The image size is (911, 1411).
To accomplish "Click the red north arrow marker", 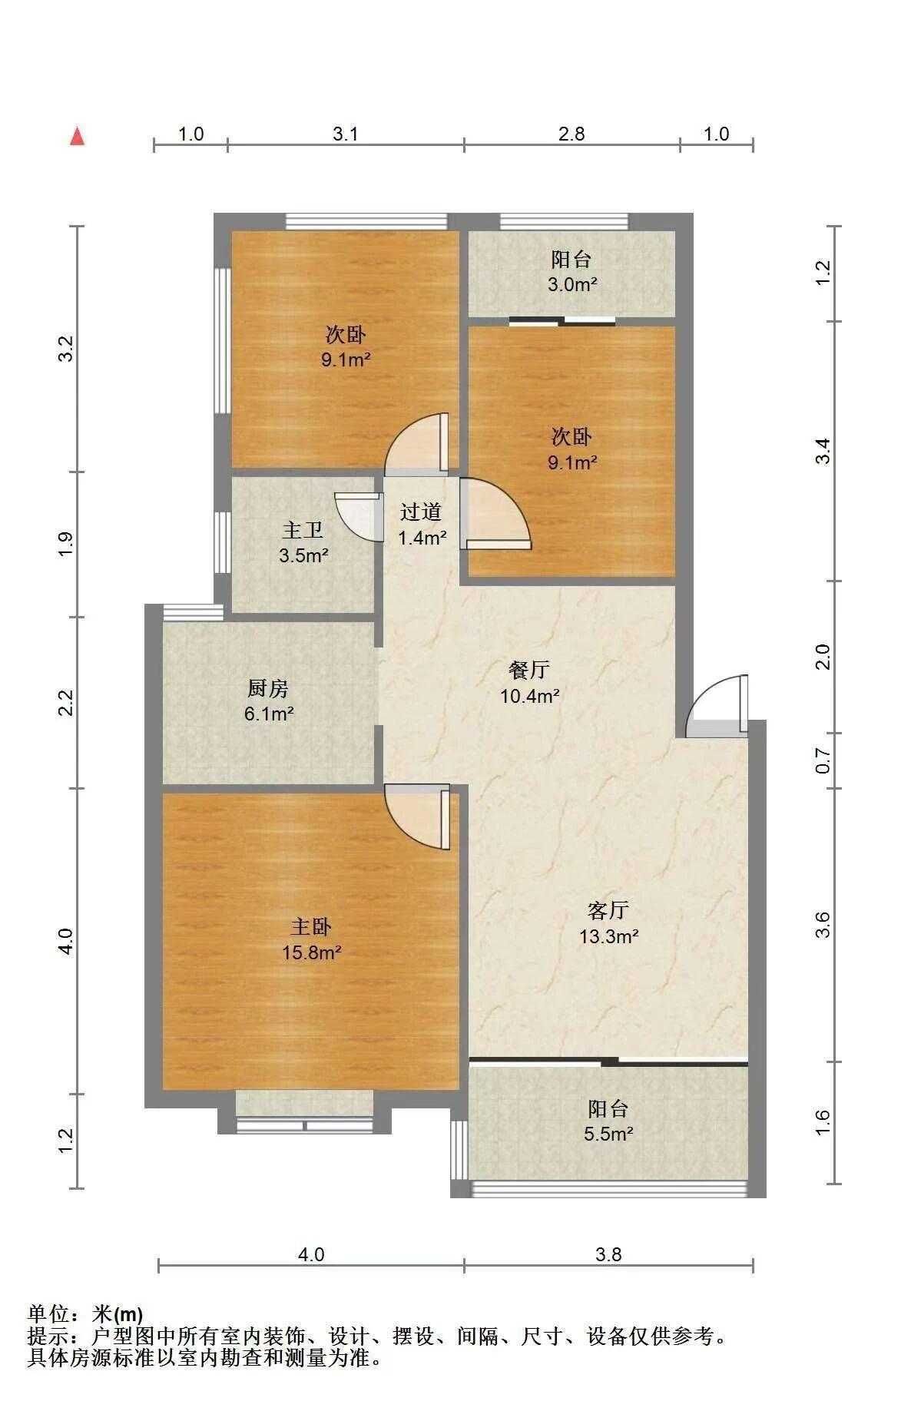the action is click(77, 136).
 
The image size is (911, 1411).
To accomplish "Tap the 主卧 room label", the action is click(311, 926).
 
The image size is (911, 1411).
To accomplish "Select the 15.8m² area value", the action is click(312, 953).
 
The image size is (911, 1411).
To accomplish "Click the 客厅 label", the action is click(608, 910).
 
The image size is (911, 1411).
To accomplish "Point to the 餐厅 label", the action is click(529, 670).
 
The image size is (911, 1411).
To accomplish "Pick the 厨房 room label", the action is click(268, 687).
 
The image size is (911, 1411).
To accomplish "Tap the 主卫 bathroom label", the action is click(303, 529).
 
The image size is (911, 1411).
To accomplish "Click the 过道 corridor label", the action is click(421, 512).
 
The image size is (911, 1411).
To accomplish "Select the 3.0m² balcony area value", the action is click(572, 285).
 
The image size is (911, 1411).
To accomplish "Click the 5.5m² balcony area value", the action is click(608, 1134).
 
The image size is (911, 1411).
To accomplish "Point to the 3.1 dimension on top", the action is click(346, 134).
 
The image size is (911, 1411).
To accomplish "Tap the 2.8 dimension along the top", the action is click(571, 134).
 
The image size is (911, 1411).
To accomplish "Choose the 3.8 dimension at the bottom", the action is click(608, 1254).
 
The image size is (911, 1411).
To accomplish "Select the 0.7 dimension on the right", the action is click(823, 760).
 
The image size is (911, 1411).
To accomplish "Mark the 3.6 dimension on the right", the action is click(823, 925).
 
